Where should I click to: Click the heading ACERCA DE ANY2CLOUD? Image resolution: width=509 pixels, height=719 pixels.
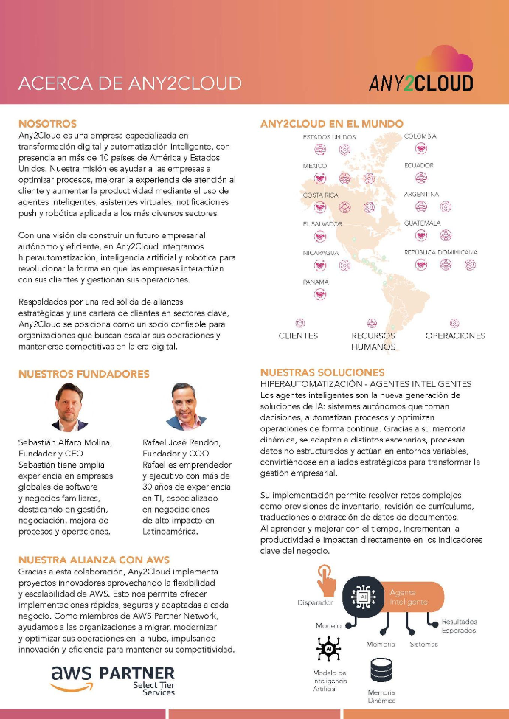pyautogui.click(x=130, y=83)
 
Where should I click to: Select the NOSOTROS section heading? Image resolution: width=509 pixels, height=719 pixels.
pyautogui.click(x=47, y=124)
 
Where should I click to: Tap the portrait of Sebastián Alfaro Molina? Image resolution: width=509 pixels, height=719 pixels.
pyautogui.click(x=71, y=406)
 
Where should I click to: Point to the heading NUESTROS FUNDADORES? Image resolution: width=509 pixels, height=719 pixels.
pyautogui.click(x=83, y=374)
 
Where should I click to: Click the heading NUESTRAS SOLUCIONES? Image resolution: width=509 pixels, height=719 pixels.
pyautogui.click(x=322, y=372)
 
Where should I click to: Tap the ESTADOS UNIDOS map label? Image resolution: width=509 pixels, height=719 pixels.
pyautogui.click(x=329, y=137)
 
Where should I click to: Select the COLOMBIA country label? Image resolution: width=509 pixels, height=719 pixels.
pyautogui.click(x=420, y=136)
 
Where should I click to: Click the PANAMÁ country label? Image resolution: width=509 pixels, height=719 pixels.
pyautogui.click(x=316, y=282)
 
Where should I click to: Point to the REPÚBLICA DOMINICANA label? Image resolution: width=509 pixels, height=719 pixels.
pyautogui.click(x=440, y=252)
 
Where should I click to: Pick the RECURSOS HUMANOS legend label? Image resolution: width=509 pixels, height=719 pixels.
pyautogui.click(x=373, y=341)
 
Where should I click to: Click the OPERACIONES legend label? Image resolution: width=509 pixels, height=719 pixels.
pyautogui.click(x=455, y=336)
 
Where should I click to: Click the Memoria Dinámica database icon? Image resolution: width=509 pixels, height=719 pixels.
pyautogui.click(x=381, y=670)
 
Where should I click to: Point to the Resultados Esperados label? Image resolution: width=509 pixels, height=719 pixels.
pyautogui.click(x=459, y=625)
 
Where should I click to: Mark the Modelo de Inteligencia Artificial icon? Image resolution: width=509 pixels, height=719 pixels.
pyautogui.click(x=328, y=649)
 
